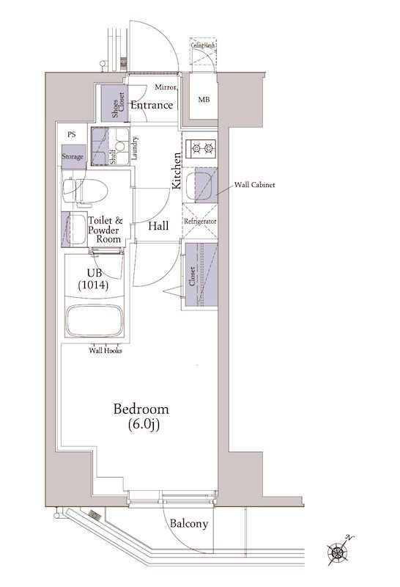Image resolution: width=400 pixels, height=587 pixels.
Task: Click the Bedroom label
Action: point(141,409)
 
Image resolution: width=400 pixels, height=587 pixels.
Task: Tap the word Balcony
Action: point(189,523)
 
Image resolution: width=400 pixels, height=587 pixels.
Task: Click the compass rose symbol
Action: point(338,552)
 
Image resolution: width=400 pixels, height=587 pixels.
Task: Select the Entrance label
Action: point(152,105)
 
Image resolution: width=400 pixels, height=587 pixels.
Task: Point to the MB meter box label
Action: point(204,100)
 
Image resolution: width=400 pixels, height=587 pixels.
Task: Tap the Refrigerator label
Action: point(200,222)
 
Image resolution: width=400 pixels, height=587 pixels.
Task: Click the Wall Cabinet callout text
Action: point(255,185)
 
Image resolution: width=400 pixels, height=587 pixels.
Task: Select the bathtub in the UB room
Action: point(95,321)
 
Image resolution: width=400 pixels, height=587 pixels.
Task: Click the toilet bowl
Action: point(85,191)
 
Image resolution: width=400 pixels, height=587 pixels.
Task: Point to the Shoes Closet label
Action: point(118,104)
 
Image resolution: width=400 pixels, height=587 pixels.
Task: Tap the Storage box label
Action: point(73,156)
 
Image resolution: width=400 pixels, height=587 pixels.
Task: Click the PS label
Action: point(71,134)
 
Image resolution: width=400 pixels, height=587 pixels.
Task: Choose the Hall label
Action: point(158,226)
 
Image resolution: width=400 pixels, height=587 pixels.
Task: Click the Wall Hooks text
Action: point(105,351)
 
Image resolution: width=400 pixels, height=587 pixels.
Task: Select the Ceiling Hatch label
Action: point(203,45)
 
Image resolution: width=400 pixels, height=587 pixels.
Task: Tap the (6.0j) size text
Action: point(144,425)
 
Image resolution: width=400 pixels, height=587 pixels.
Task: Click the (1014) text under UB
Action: point(94,285)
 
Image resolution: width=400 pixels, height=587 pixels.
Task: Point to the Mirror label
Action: point(166,87)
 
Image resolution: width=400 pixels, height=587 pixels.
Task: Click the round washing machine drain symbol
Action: point(119,145)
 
